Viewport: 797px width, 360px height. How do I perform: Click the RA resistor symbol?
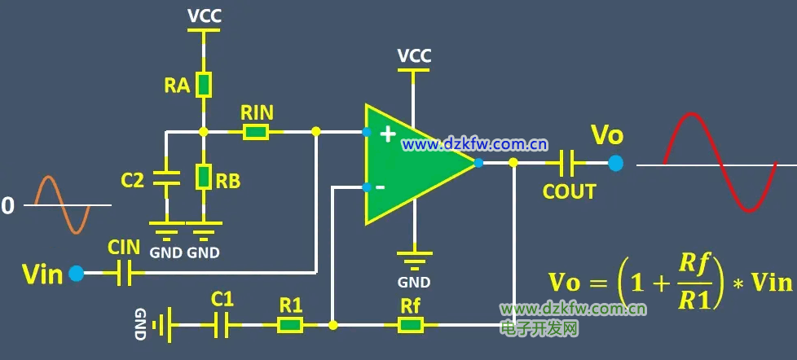click(x=204, y=84)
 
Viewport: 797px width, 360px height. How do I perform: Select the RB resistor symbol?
click(x=204, y=176)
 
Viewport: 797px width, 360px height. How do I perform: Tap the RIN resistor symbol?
click(x=256, y=131)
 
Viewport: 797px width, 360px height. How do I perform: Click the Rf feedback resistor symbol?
click(x=411, y=325)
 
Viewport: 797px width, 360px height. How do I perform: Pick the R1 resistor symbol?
click(x=290, y=325)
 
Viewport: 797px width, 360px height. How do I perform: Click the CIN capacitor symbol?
click(x=124, y=274)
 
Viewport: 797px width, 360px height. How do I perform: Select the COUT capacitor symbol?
click(x=566, y=163)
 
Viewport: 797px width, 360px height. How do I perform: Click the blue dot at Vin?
click(x=77, y=274)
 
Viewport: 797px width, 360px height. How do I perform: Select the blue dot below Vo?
click(x=615, y=163)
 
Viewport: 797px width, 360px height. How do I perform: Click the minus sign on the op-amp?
click(x=380, y=187)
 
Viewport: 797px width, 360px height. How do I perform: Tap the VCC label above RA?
click(x=204, y=16)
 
